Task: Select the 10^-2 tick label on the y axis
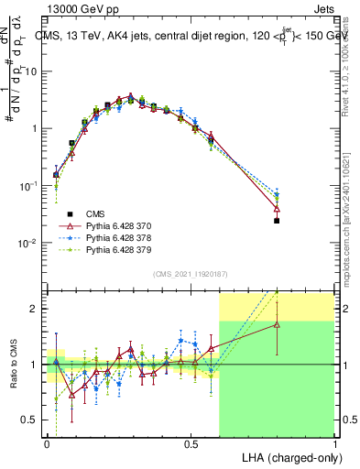28,243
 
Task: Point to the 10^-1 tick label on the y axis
28,186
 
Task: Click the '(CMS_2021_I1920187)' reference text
190,273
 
